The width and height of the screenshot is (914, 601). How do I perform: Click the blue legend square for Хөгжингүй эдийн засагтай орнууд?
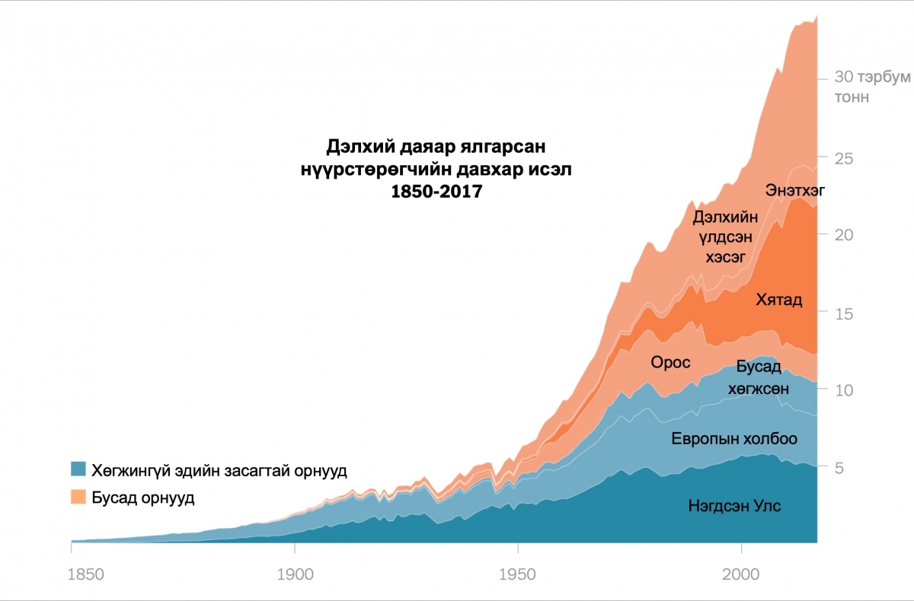coord(78,469)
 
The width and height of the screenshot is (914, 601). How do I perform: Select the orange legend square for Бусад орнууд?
coord(78,498)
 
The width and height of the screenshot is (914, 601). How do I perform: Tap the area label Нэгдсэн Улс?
coord(733,506)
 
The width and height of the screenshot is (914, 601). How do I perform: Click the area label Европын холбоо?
coord(733,439)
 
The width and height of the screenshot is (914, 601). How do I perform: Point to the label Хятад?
coord(778,300)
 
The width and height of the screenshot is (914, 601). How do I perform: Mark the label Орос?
coord(670,362)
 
